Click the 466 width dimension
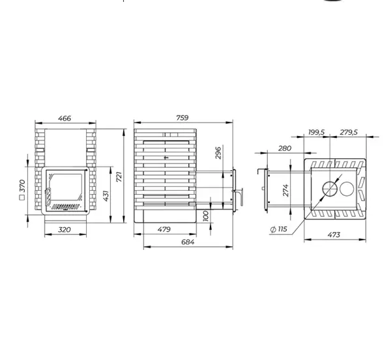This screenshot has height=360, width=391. [65, 118]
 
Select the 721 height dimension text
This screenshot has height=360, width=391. [119, 176]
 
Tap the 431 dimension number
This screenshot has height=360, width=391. [106, 196]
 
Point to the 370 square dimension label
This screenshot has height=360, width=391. [22, 186]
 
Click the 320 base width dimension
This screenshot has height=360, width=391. [65, 229]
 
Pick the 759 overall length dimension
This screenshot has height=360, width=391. [182, 118]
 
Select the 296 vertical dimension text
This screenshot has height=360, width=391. [218, 153]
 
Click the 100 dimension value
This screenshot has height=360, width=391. [205, 216]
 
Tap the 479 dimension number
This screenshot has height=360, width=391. [164, 229]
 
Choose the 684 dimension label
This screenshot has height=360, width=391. [188, 242]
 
